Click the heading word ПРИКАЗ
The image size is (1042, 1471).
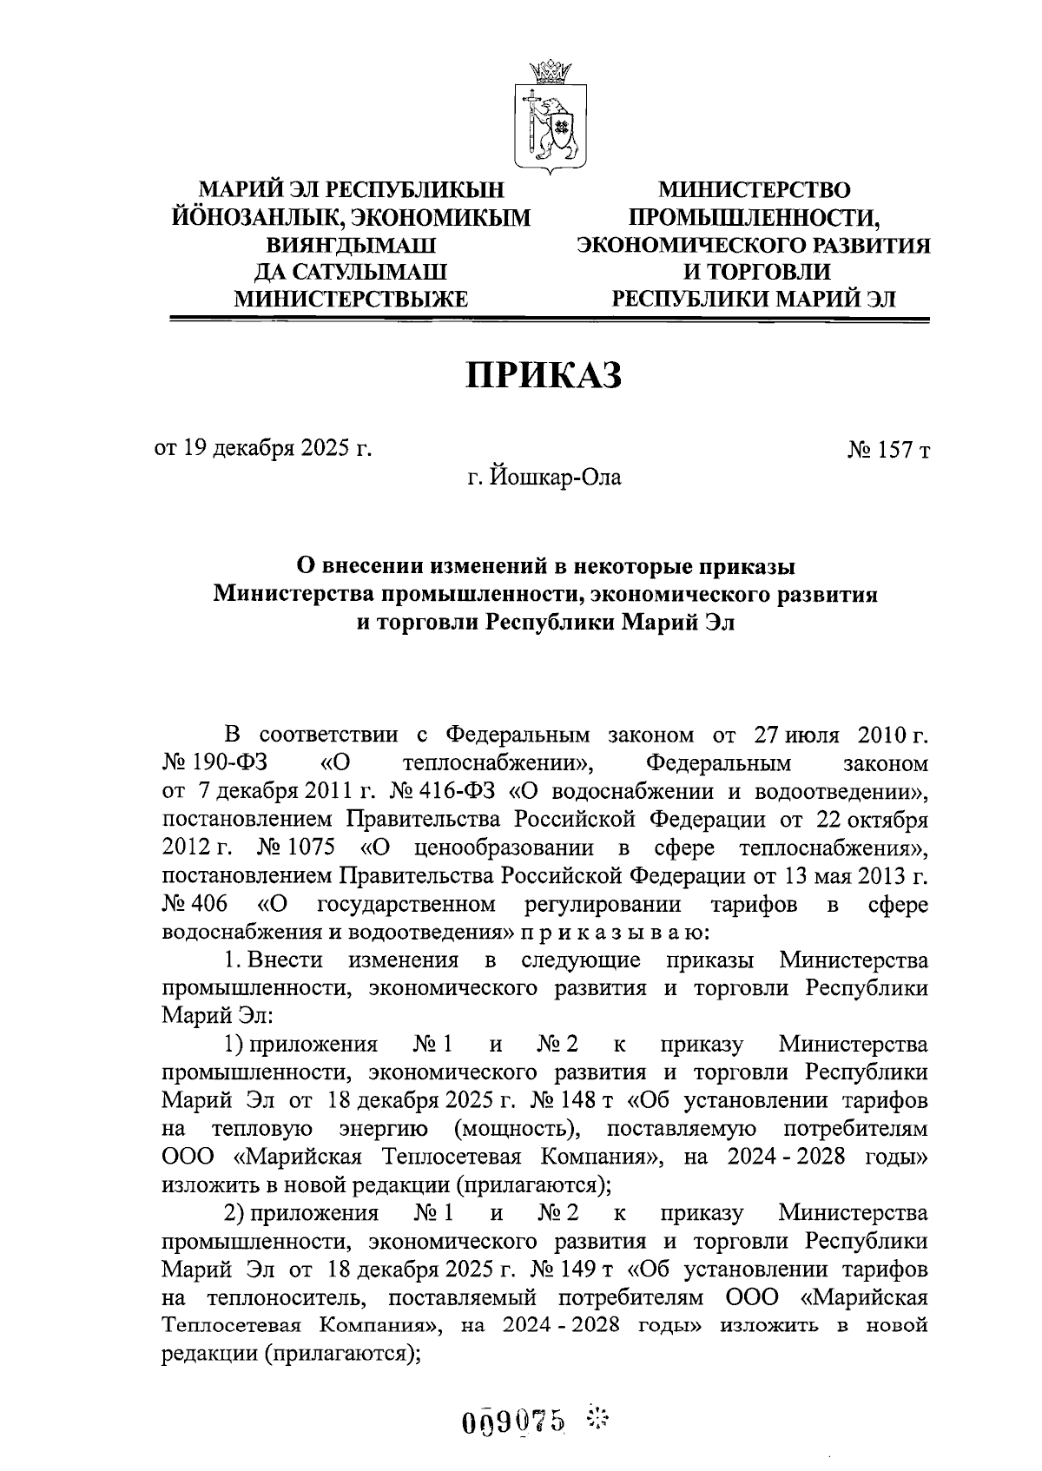pyautogui.click(x=546, y=375)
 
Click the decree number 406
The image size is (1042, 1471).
pyautogui.click(x=195, y=904)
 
